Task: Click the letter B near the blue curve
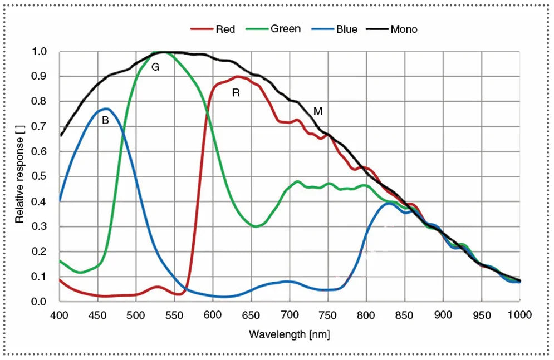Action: (x=105, y=120)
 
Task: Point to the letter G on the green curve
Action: (x=155, y=67)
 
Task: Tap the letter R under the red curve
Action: (x=236, y=93)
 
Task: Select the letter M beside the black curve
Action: (x=318, y=111)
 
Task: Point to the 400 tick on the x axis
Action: (x=59, y=315)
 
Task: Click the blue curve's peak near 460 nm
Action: (x=106, y=109)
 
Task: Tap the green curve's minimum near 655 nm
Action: (x=256, y=226)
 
